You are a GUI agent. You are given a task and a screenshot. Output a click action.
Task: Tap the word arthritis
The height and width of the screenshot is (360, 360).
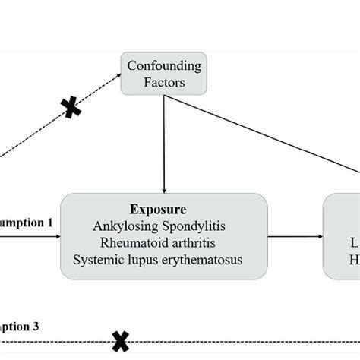pyautogui.click(x=201, y=243)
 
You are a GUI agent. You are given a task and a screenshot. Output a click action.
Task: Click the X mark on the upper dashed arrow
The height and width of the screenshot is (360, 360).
pyautogui.click(x=72, y=109)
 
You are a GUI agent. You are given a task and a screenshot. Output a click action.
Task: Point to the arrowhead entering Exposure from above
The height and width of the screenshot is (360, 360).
pyautogui.click(x=164, y=188)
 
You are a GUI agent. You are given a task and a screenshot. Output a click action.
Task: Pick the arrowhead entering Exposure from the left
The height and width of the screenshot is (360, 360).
pyautogui.click(x=58, y=236)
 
